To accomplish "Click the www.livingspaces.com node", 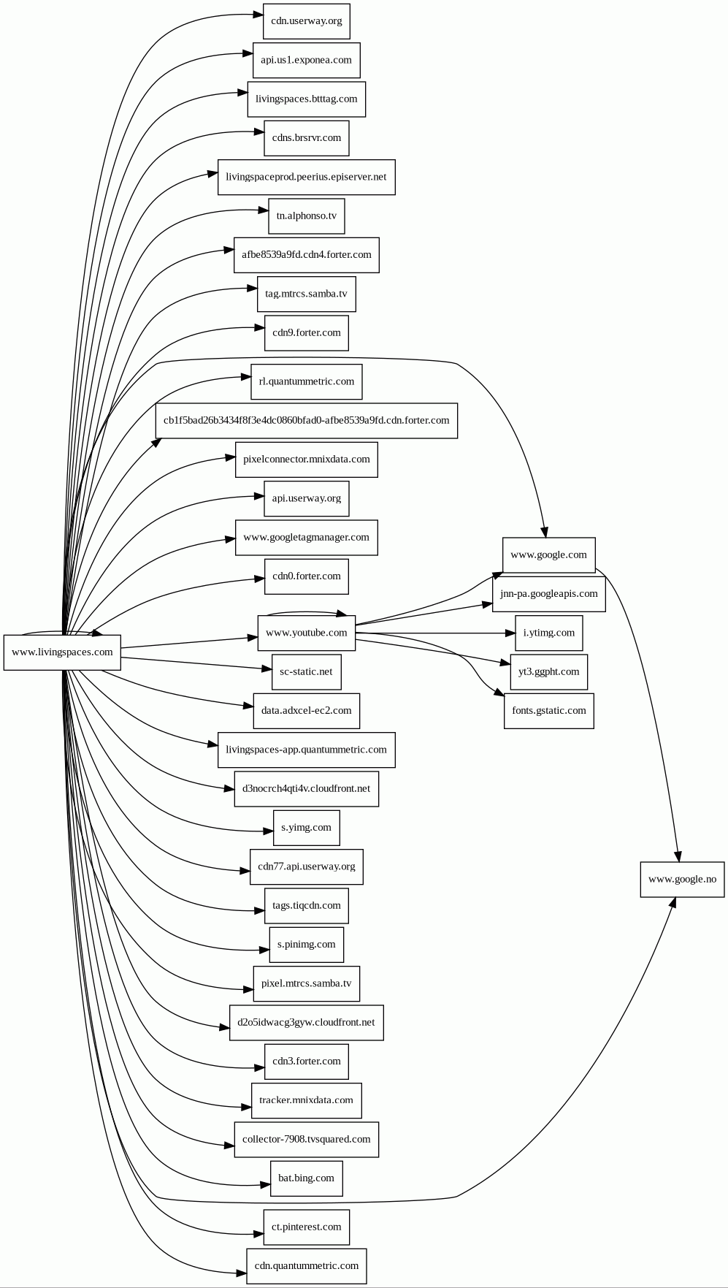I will click(62, 652).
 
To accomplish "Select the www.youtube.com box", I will click(306, 633).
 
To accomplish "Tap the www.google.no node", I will click(682, 880).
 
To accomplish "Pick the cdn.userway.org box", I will click(306, 21).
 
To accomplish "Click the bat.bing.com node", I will click(306, 1178).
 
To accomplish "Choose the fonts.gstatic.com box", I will click(548, 711).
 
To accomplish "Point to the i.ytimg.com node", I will click(548, 633).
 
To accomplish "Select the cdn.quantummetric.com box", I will click(306, 1266).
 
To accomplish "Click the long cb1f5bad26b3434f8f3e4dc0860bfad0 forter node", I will click(306, 421).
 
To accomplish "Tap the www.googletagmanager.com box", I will click(306, 538).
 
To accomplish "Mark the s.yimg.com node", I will click(306, 828).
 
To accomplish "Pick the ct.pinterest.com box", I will click(306, 1227).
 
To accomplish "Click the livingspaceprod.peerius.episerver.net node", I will click(306, 177).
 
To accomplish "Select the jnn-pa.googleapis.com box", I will click(548, 594).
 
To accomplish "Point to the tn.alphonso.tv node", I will click(306, 216).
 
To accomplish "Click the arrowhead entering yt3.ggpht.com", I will click(505, 663).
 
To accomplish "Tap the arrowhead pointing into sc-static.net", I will click(267, 668).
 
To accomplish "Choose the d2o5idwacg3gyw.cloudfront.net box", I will click(306, 1023).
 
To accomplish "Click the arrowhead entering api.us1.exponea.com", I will click(248, 54).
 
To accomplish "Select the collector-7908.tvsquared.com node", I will click(306, 1140).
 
